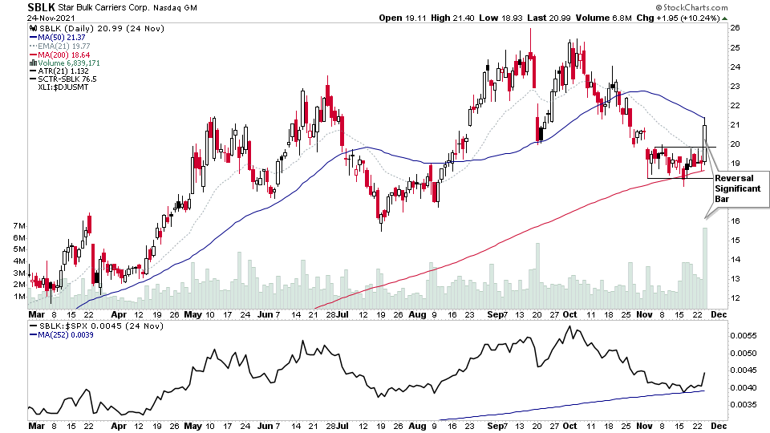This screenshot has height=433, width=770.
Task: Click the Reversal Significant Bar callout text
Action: pos(738,187)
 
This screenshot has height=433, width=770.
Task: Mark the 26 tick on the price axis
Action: pos(733,28)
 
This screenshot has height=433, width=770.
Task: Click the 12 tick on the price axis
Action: pos(733,298)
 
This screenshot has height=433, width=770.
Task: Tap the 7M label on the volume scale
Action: pos(17,227)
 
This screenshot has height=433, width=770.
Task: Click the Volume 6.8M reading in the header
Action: pos(613,17)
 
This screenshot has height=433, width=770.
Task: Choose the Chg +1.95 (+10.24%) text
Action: pos(687,17)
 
